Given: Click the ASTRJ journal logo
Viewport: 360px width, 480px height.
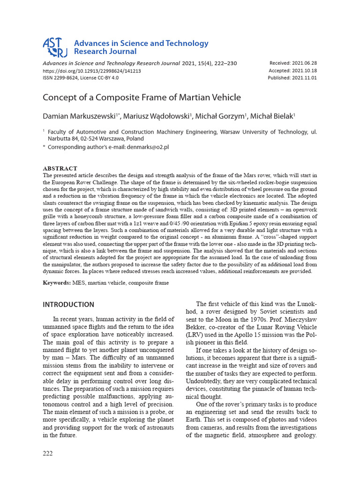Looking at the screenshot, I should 55,47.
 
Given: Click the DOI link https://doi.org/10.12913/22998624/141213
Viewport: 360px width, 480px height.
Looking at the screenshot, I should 91,71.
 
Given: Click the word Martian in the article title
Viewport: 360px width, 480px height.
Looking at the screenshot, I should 187,97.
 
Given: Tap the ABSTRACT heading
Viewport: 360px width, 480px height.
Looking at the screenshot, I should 60,168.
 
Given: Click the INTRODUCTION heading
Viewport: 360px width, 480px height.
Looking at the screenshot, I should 68,305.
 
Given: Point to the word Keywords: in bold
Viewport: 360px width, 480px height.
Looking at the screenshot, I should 57,283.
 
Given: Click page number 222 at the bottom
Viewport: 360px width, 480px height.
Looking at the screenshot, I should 48,453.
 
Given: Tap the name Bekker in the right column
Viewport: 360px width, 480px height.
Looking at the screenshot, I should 206,328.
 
